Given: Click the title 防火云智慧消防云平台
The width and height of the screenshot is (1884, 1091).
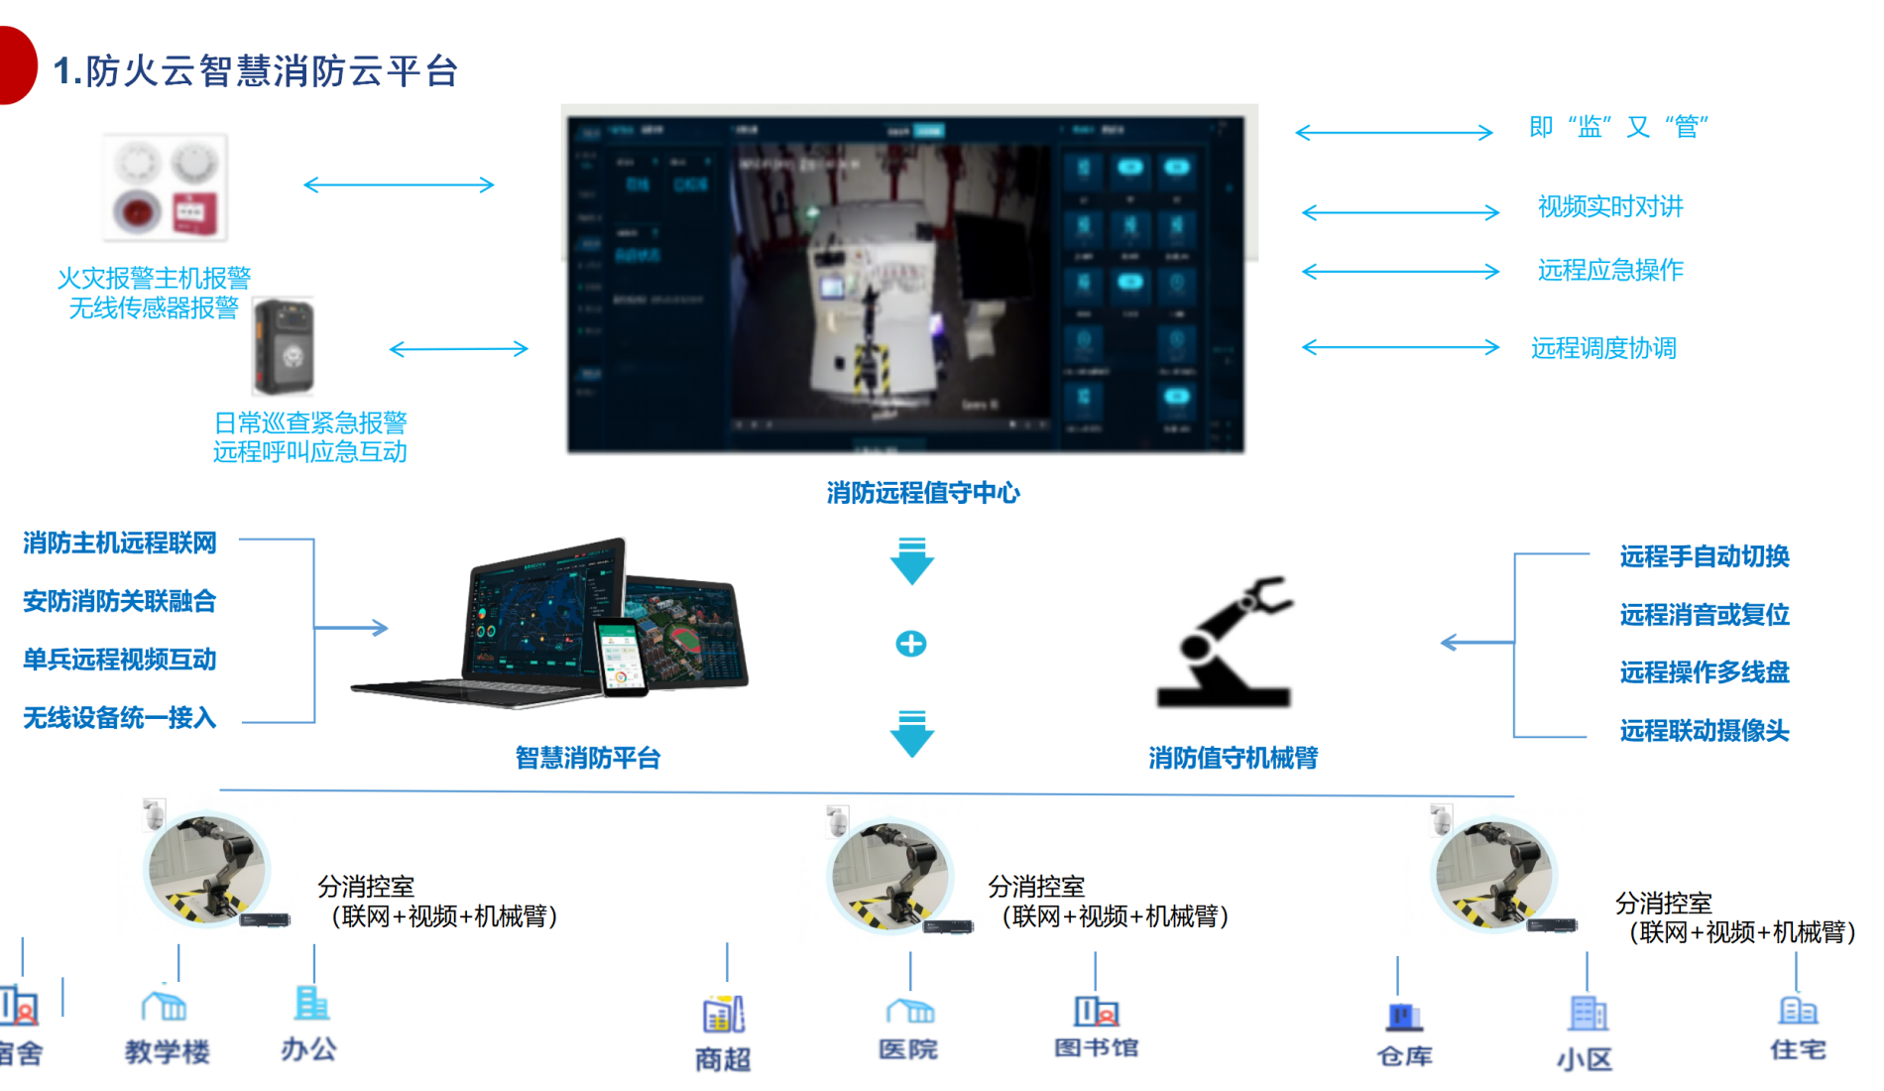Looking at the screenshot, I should click(255, 70).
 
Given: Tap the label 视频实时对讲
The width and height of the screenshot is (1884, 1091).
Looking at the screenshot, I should click(1609, 206).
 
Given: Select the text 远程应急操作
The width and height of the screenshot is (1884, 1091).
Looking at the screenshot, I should click(1609, 270).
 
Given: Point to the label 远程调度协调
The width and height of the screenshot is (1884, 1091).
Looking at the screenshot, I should click(1602, 348).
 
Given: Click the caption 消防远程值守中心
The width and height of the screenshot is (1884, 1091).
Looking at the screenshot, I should click(922, 493).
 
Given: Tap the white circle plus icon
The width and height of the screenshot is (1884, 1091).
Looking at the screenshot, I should click(910, 644).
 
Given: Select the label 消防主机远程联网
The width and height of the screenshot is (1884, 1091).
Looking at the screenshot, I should click(119, 543).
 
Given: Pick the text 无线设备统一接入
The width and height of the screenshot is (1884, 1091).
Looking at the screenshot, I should click(119, 717).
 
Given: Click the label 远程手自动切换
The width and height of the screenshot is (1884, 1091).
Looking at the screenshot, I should click(1704, 556).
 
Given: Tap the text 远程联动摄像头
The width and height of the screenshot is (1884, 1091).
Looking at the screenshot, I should click(1704, 731).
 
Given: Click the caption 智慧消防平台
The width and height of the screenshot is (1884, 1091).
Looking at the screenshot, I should click(587, 759).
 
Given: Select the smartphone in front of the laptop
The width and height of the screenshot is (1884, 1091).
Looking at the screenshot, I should click(621, 657).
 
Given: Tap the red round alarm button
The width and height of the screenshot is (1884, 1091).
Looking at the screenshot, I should click(137, 211).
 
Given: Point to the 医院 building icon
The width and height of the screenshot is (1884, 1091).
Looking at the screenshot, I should click(909, 1011).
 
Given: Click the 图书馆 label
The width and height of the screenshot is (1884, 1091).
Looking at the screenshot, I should click(1096, 1048).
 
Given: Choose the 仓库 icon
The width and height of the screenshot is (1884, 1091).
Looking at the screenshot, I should click(1403, 1016).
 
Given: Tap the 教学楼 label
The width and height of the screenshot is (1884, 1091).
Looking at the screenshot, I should click(167, 1051).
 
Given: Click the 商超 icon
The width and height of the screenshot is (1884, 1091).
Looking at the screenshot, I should click(723, 1015).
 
